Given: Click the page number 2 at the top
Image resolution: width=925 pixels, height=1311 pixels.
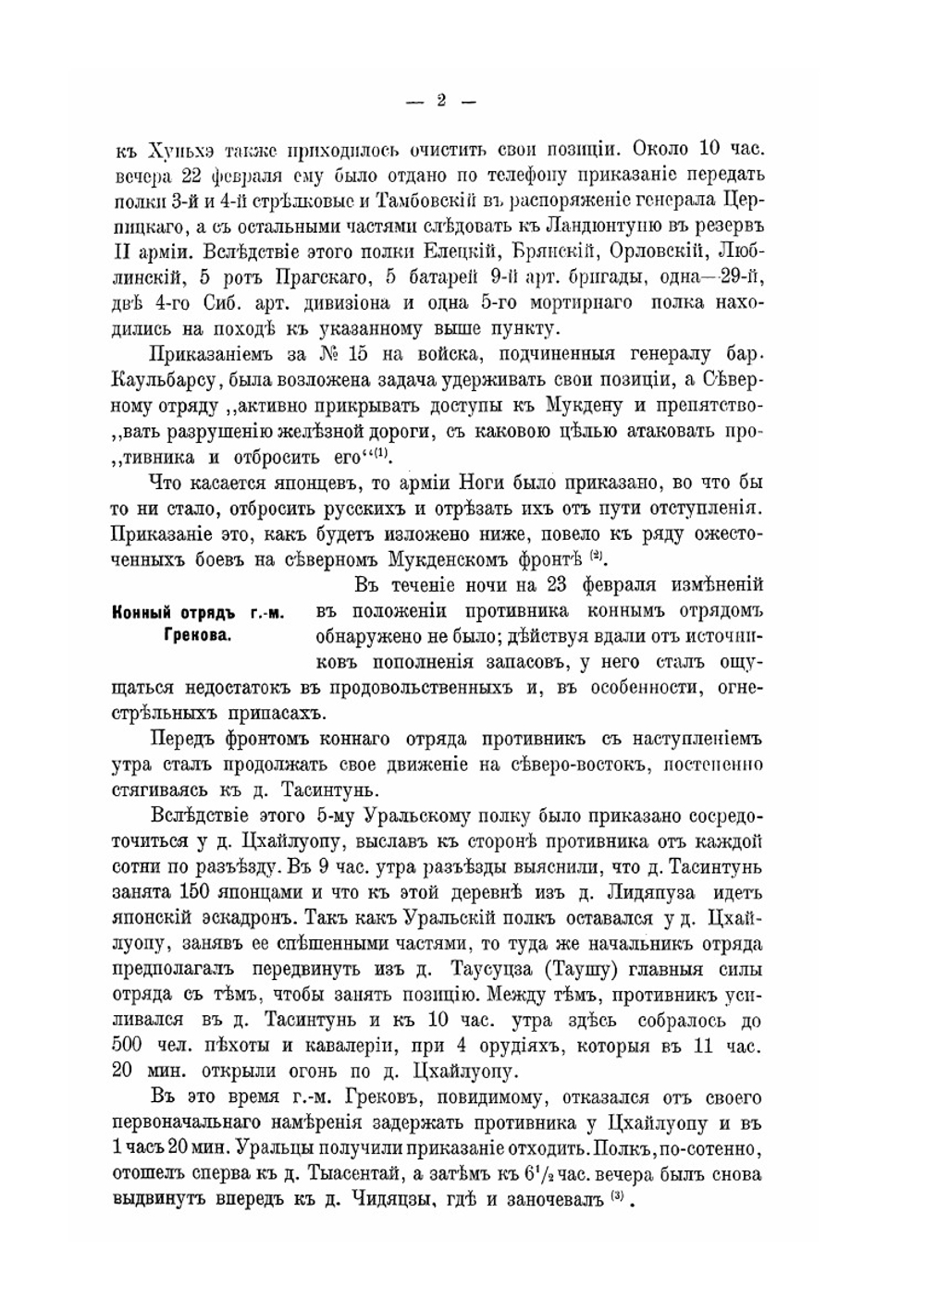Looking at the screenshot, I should pyautogui.click(x=441, y=101).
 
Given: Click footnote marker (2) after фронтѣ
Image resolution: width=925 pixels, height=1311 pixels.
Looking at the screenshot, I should pyautogui.click(x=598, y=556).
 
